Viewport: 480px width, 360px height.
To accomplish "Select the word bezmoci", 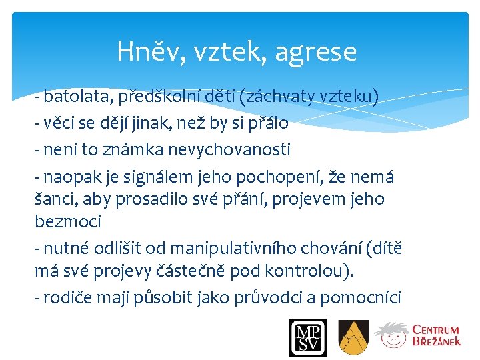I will click(x=67, y=221).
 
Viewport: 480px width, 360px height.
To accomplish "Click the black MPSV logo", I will click(x=308, y=337).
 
